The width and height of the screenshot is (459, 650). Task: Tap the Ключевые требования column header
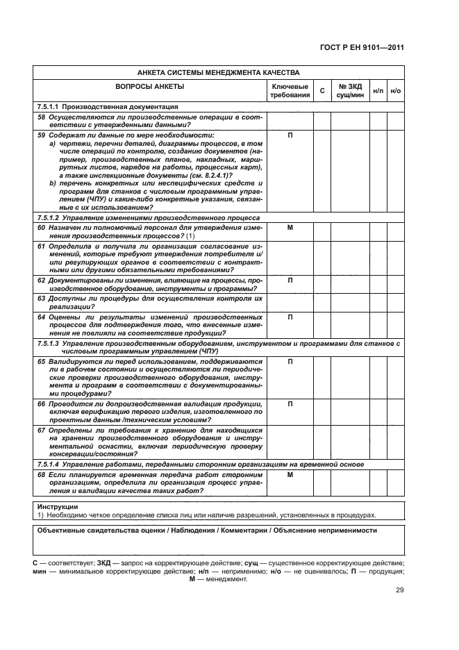(290, 90)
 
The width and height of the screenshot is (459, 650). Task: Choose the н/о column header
(396, 90)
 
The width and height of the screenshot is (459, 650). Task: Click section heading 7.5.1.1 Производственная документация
(107, 107)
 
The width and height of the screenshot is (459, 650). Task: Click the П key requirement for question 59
(290, 135)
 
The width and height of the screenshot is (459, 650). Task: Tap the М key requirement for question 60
(290, 227)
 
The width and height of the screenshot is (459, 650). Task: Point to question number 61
(42, 246)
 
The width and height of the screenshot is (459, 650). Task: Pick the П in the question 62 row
(290, 280)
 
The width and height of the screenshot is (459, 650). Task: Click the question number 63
(42, 298)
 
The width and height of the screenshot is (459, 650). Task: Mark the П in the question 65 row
(290, 362)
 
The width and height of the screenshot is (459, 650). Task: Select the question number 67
(42, 431)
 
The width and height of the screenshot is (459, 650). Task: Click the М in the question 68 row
(290, 474)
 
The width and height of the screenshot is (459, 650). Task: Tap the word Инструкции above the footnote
(58, 507)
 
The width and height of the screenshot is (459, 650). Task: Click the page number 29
(399, 590)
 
